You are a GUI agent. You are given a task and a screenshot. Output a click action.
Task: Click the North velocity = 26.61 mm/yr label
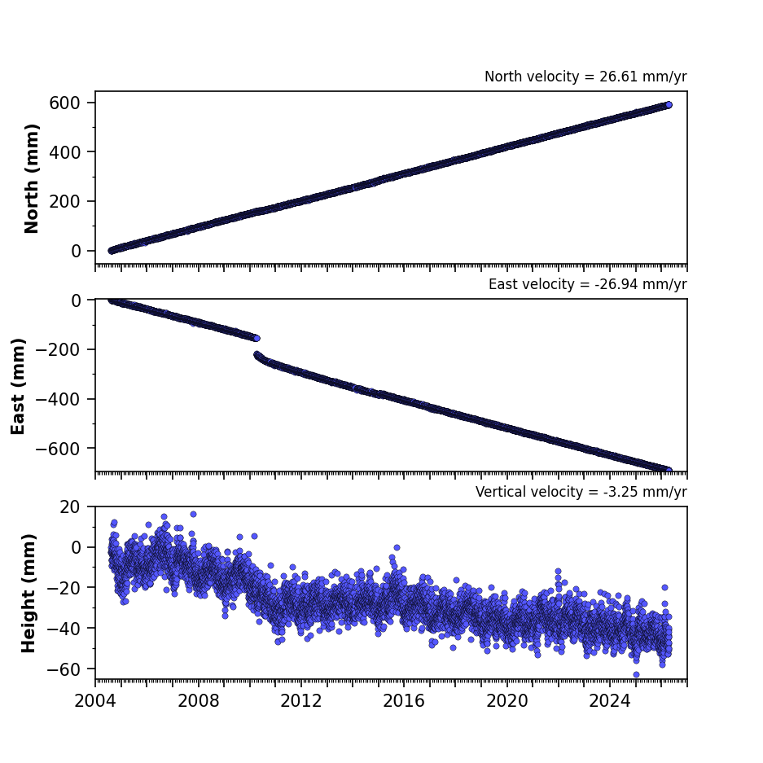tap(585, 77)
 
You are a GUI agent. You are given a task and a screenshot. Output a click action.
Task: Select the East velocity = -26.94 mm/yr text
tap(587, 284)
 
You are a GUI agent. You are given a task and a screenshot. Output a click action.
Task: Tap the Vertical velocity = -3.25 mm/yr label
tap(581, 492)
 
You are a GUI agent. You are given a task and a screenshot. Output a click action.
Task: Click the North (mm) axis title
tap(31, 178)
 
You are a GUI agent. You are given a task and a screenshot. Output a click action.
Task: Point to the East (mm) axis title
tap(18, 386)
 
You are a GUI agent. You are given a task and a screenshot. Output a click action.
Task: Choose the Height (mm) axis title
tap(29, 593)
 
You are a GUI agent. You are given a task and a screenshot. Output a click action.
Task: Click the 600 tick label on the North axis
tap(64, 103)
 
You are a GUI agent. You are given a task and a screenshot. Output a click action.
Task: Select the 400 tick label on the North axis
tap(64, 152)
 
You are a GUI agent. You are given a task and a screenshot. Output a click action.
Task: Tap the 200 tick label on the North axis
tap(64, 201)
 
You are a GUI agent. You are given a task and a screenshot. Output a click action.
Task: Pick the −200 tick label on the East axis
tap(58, 349)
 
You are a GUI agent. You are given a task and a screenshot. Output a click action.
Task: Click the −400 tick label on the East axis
tap(58, 399)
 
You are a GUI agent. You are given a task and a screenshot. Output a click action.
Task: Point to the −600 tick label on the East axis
tap(58, 449)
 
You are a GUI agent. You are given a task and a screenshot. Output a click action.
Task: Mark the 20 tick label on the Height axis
tap(70, 507)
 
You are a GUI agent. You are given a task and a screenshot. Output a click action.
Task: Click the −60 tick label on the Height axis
tap(64, 669)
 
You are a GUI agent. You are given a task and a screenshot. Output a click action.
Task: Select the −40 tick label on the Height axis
tap(64, 629)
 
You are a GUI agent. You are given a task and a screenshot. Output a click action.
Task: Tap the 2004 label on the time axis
tap(95, 701)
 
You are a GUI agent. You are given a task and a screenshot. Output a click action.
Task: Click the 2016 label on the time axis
tap(404, 701)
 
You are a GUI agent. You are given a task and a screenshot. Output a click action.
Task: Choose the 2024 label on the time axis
tap(610, 701)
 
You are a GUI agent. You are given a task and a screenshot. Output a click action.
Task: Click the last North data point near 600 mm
tap(669, 104)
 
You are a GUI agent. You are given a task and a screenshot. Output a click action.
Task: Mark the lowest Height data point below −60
tap(636, 674)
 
